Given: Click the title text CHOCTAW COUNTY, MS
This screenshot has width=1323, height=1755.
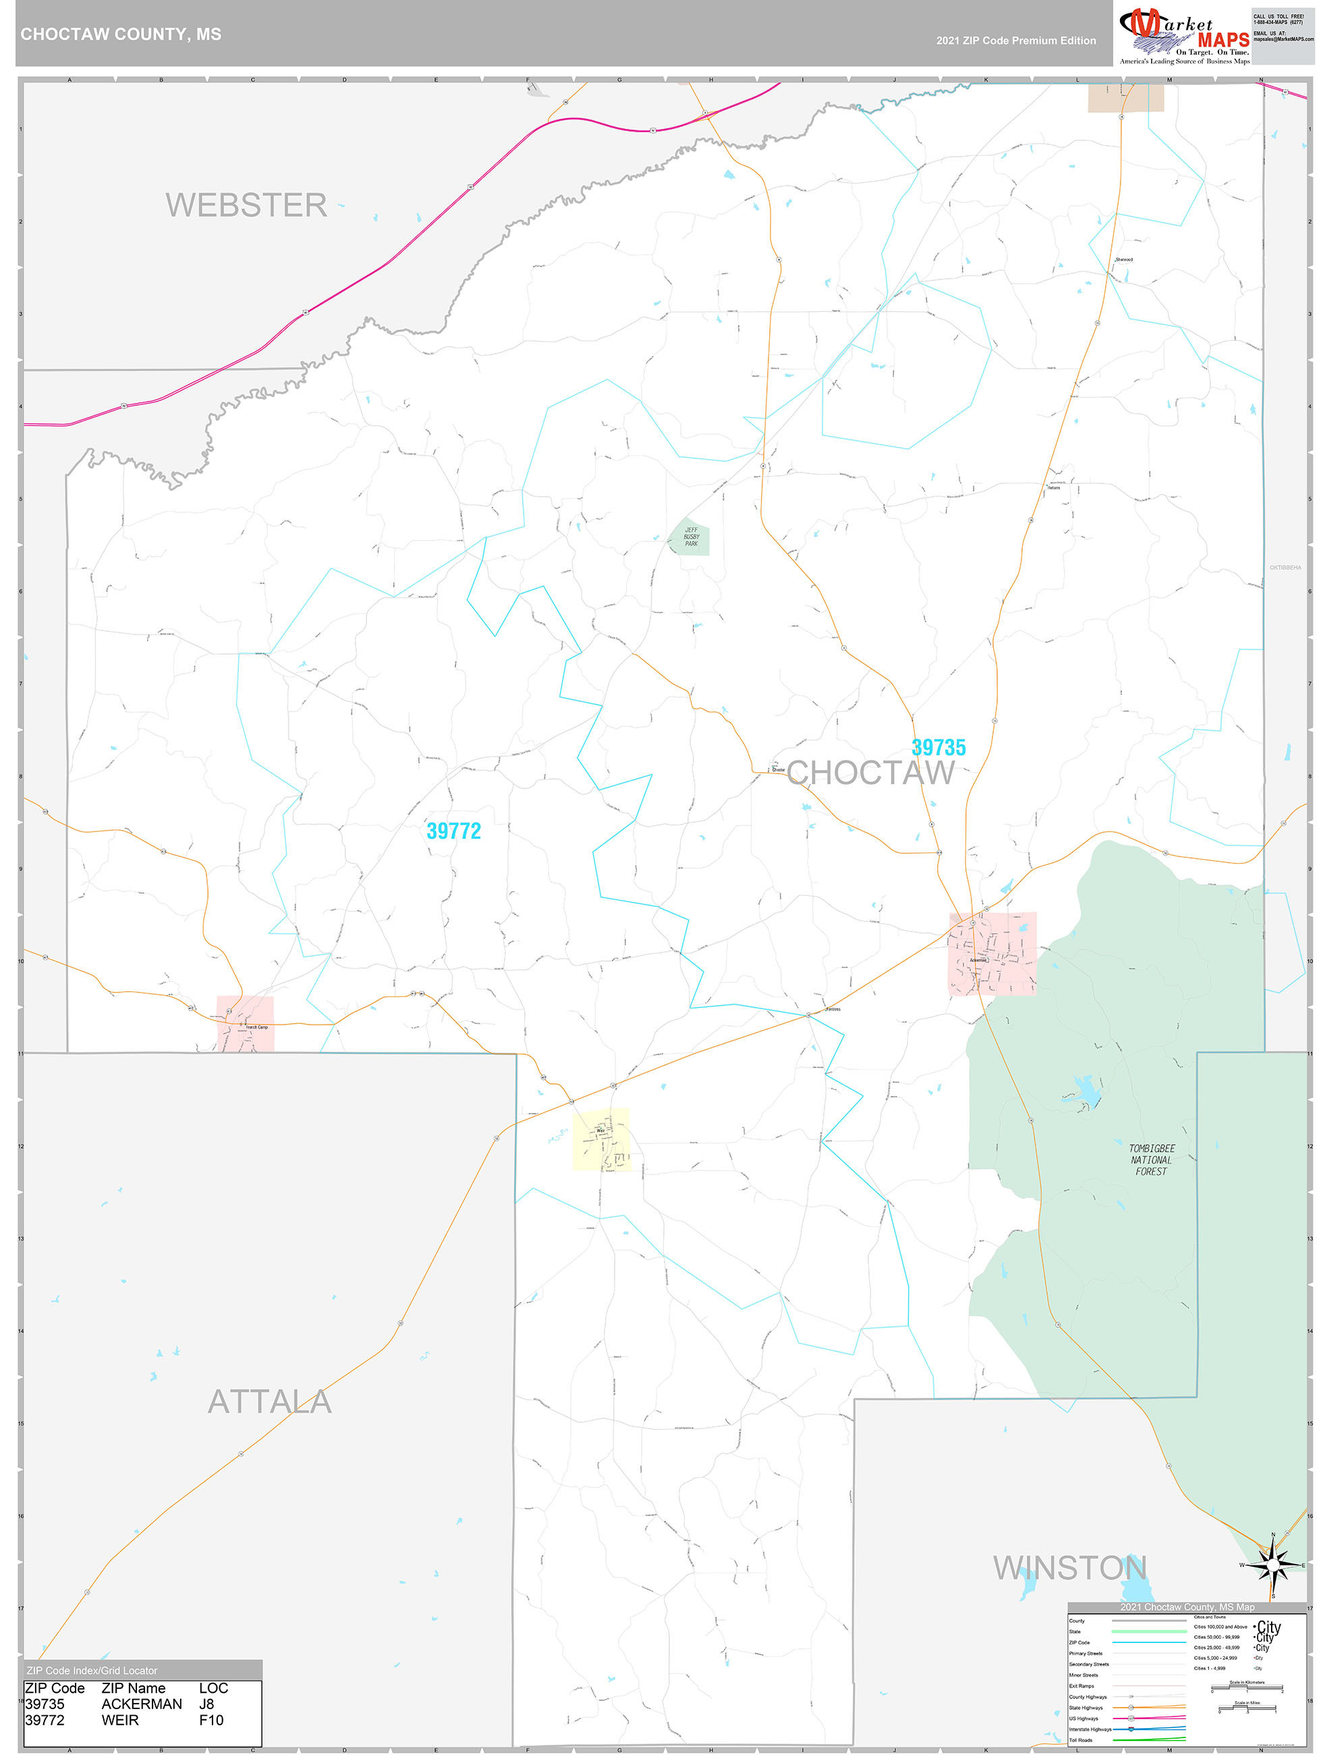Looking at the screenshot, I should pos(121,34).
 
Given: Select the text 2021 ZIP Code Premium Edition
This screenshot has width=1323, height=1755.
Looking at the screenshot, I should pos(1015,40).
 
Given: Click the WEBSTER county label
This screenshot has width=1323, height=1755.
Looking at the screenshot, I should pos(246,205).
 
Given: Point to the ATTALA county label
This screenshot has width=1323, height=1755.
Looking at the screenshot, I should pos(270,1402).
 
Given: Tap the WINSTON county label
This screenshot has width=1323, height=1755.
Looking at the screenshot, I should pos(1070,1568).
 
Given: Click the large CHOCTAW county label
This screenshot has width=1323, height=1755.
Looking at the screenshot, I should pos(870,773).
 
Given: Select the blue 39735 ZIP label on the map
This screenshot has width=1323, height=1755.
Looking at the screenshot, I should pos(938,747).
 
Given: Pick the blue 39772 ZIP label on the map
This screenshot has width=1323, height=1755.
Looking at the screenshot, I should pos(453,831).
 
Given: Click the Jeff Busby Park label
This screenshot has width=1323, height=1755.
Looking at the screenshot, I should pos(691,537).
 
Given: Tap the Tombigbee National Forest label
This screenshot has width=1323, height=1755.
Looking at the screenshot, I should pos(1151,1160).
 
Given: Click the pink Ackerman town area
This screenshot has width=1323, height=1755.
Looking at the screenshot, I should pos(992,954).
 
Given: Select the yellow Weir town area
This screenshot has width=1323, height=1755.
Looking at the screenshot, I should pos(601,1139).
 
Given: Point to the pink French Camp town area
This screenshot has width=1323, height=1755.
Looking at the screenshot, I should pos(245,1023).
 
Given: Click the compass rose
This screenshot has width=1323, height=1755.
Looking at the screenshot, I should pos(1272,1565).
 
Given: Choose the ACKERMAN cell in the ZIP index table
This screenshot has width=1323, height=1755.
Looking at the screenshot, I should pos(141,1704).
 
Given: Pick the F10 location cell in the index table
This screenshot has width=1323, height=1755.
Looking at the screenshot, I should pos(211,1720).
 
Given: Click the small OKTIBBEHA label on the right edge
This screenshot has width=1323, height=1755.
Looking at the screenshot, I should pos(1285,567).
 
